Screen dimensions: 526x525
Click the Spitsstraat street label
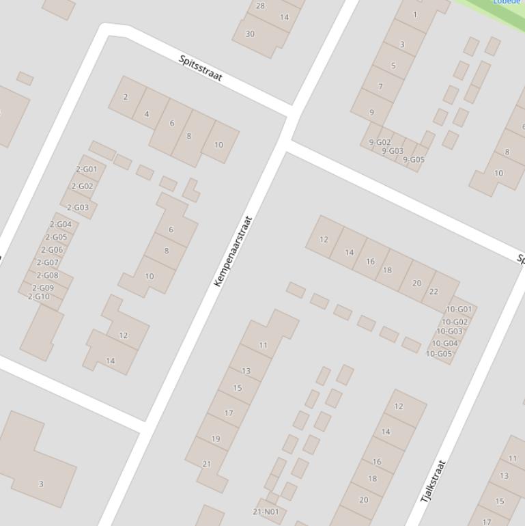coord(201,68)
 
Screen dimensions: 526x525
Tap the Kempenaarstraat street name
coord(233,251)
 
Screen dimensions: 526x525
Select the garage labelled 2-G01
coord(87,169)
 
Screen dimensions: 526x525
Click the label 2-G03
coord(78,207)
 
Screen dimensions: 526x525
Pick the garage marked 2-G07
coord(48,262)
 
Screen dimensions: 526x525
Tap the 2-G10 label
coord(39,296)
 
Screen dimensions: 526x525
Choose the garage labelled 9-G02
coord(380,143)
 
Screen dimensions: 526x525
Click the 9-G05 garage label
coord(414,160)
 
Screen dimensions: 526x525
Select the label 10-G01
coord(459,309)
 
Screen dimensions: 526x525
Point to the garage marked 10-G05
coord(439,354)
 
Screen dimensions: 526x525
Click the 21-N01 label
coord(266,512)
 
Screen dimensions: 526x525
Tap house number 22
coord(434,291)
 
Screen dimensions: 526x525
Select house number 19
coord(216,439)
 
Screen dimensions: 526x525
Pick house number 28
coord(260,5)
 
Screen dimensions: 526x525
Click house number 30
coord(250,33)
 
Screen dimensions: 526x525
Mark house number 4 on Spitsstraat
coord(147,114)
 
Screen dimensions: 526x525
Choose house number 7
coord(380,87)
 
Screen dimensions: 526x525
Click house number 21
coord(207,464)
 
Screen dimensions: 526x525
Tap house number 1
coord(415,14)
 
